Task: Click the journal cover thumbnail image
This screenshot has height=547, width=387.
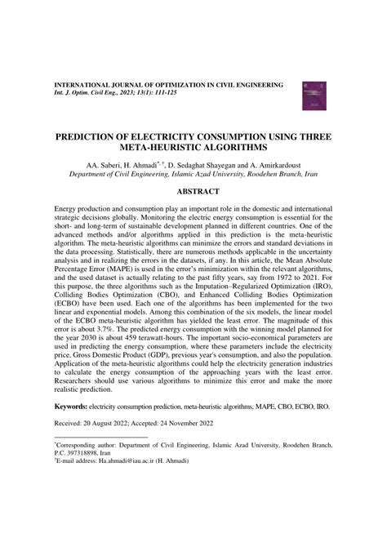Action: pyautogui.click(x=314, y=96)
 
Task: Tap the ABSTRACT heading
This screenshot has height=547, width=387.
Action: pyautogui.click(x=193, y=191)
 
